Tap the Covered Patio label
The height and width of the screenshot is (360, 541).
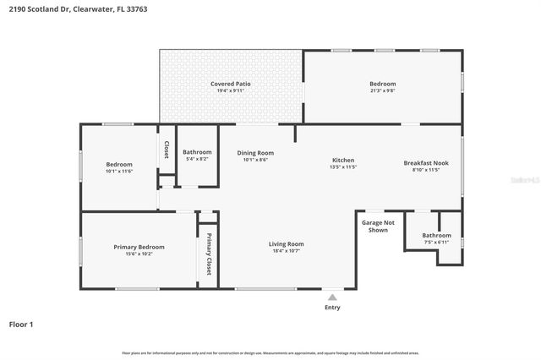[x=231, y=84]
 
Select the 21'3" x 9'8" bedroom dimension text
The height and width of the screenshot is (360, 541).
[x=382, y=91]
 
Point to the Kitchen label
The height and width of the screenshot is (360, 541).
[x=342, y=160]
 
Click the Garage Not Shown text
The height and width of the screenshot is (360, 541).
[x=378, y=226]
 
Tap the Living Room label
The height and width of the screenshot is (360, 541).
[x=286, y=243]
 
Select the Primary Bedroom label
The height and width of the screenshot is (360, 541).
[x=139, y=247]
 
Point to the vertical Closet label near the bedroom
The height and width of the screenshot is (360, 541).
[x=166, y=150]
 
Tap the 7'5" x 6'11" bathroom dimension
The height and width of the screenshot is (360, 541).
[x=436, y=243]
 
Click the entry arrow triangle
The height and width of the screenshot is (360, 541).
[x=332, y=297]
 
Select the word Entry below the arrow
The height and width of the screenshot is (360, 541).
[x=332, y=308]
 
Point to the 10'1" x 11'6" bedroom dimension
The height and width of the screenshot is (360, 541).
[x=118, y=172]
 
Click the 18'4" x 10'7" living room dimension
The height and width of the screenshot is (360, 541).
[x=286, y=251]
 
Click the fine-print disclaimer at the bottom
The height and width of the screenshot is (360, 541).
[x=270, y=352]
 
